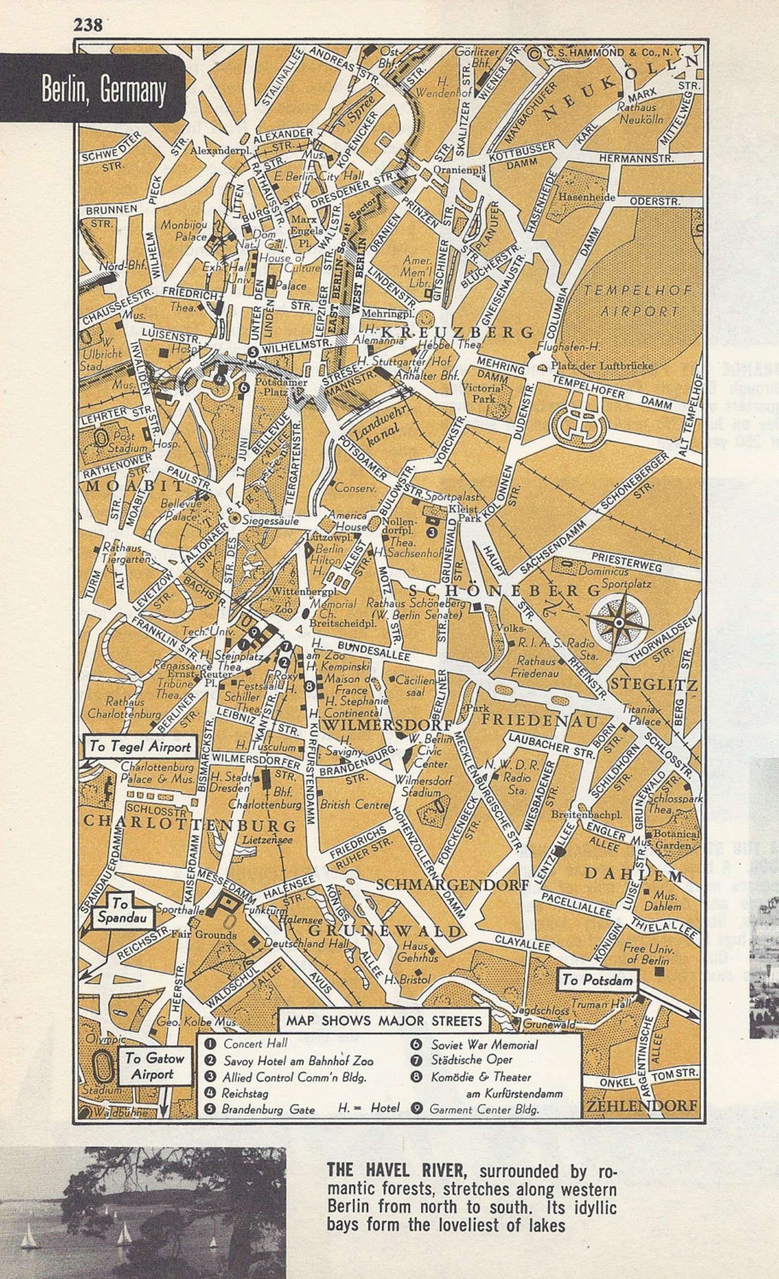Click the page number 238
[88, 25]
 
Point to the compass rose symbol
[619, 622]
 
